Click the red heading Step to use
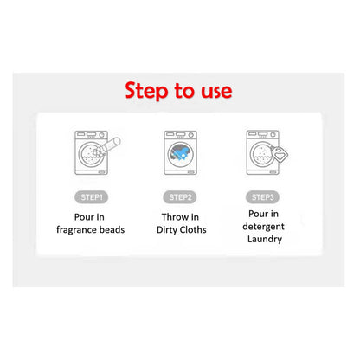pos(178,91)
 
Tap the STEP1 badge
pos(92,197)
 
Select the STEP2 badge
pos(180,197)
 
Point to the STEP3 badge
pos(262,197)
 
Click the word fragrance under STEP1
pos(76,230)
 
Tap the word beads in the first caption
pos(112,229)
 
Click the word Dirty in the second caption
pos(166,230)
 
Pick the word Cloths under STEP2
pos(193,229)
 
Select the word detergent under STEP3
pos(263,227)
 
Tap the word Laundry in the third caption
pos(265,239)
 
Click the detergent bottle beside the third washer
pos(280,154)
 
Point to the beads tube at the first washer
pos(111,145)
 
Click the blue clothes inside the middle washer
pos(181,152)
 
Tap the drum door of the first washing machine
pos(91,154)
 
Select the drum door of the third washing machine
pos(262,154)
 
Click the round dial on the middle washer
pos(190,135)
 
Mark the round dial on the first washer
pos(102,135)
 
